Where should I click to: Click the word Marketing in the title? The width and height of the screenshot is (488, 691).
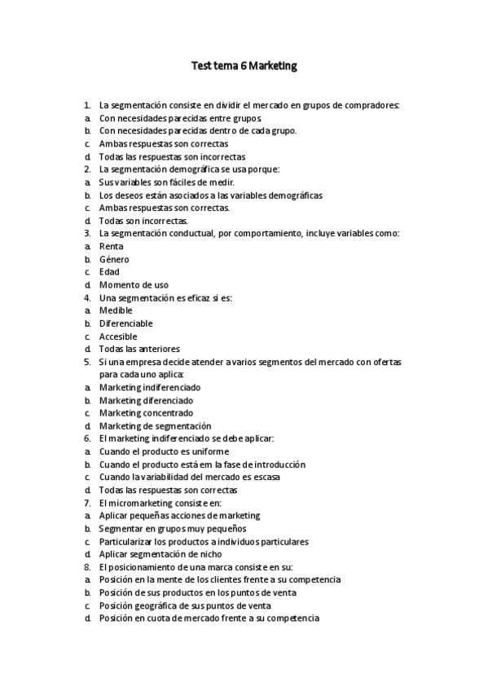tap(269, 66)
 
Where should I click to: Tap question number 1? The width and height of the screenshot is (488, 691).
tap(86, 105)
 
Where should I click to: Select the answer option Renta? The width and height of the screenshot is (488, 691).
tap(112, 246)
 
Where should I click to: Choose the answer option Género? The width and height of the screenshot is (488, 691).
tap(114, 259)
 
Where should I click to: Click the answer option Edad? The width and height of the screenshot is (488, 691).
tap(109, 272)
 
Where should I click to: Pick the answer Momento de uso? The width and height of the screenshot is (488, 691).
tap(134, 285)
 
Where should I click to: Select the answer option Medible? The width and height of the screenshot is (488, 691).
tap(116, 310)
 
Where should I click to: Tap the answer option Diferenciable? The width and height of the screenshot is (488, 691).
tap(125, 323)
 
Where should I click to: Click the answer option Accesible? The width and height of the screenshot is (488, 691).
tap(118, 337)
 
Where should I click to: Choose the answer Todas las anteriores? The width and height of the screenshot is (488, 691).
tap(139, 350)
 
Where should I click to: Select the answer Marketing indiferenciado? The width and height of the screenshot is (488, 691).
tap(150, 388)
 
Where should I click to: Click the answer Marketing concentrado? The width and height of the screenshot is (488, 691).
tap(146, 413)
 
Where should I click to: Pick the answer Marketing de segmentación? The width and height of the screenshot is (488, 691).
tap(155, 426)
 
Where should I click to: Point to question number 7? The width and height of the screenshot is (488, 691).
tap(86, 503)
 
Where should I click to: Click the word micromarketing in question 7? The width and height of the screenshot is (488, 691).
tap(136, 503)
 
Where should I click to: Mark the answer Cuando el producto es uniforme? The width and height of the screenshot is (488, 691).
tap(164, 451)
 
